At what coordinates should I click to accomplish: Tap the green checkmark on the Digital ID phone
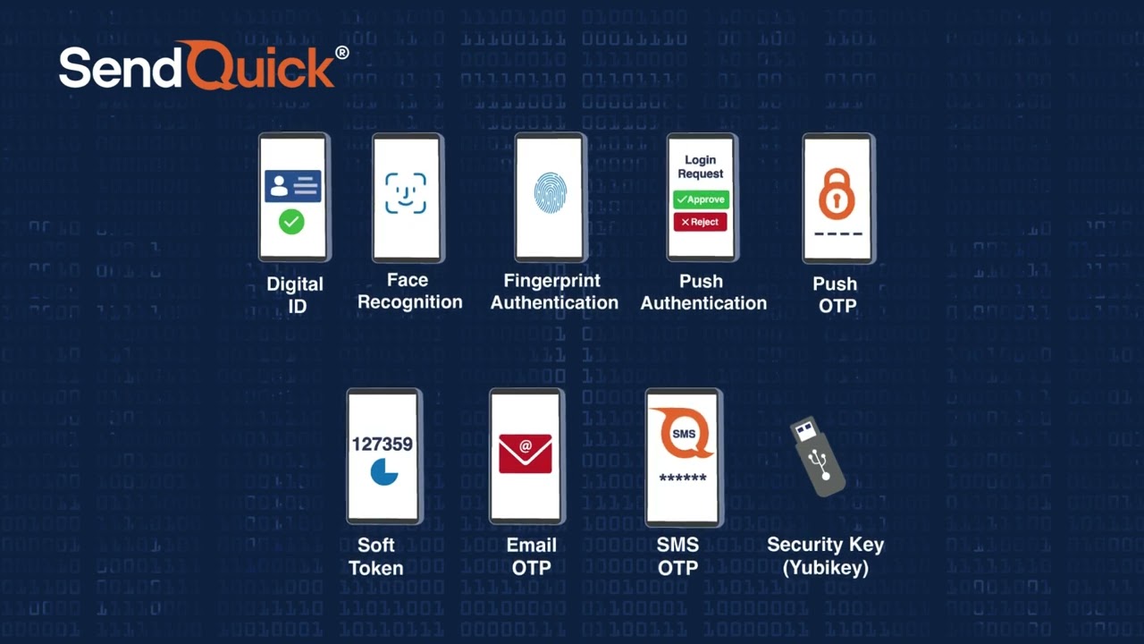click(291, 222)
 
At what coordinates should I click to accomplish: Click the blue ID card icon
click(292, 186)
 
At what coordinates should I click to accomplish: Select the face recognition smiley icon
click(406, 193)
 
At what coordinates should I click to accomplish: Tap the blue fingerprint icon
click(550, 192)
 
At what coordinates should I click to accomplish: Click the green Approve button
click(701, 199)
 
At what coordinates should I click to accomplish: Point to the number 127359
click(382, 444)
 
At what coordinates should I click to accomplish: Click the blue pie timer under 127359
click(384, 471)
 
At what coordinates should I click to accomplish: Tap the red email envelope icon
click(526, 453)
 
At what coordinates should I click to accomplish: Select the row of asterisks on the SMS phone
click(683, 479)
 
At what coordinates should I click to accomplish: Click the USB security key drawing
click(818, 455)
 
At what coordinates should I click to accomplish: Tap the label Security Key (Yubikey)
click(825, 555)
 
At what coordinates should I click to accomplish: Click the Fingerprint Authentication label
click(554, 292)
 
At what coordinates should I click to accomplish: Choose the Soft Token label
click(375, 555)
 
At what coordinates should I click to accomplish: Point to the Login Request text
click(701, 167)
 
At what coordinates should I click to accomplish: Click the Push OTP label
click(835, 294)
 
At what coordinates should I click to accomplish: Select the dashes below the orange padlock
click(838, 234)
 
